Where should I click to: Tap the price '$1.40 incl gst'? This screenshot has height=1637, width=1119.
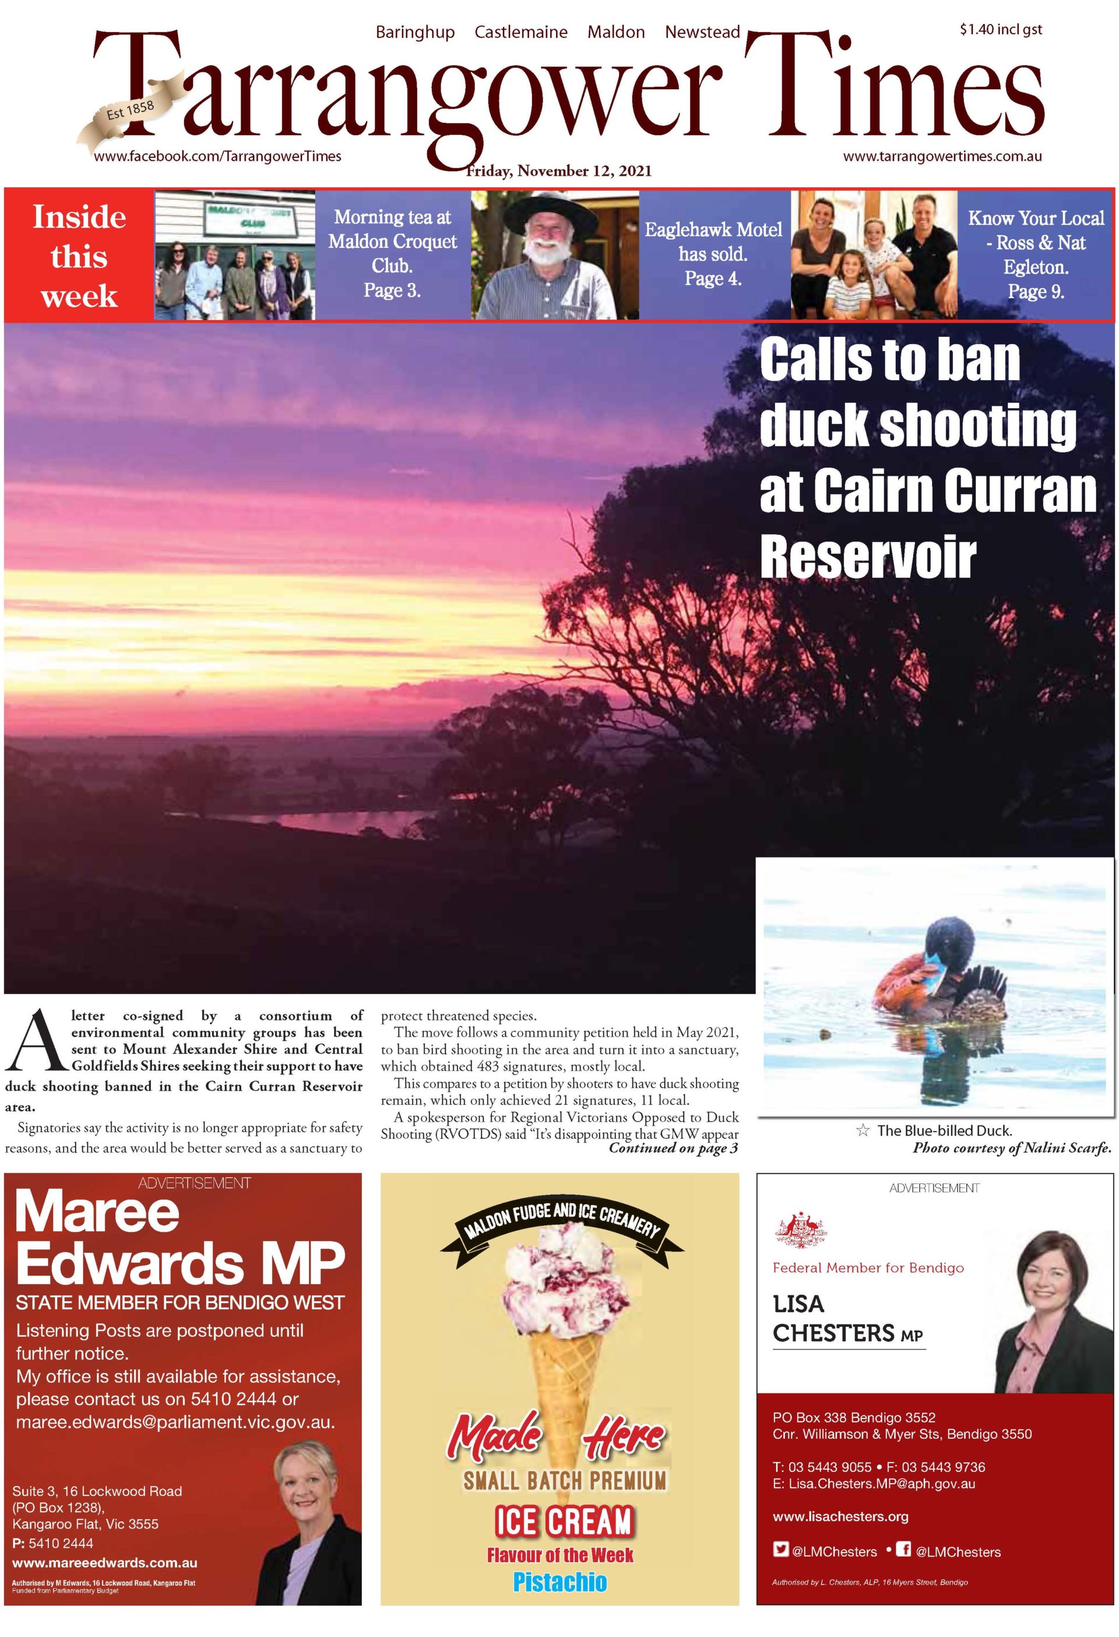[1000, 30]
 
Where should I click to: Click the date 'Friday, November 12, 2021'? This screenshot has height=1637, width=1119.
[559, 171]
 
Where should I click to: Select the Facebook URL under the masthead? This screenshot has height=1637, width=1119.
[217, 156]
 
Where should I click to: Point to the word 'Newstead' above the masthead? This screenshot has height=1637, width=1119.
[702, 33]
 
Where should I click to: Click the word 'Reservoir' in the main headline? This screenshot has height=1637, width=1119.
[868, 557]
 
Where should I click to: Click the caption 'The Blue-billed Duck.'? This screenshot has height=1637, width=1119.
[944, 1130]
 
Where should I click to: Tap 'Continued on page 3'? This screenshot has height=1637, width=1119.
[673, 1148]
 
